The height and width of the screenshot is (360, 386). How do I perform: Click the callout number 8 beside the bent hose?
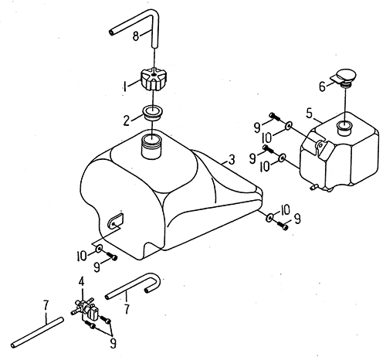pyautogui.click(x=136, y=36)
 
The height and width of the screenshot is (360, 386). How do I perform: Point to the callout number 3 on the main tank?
pyautogui.click(x=232, y=160)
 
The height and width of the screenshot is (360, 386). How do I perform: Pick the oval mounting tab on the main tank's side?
pyautogui.click(x=115, y=221)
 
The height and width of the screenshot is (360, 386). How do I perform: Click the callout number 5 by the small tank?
pyautogui.click(x=310, y=114)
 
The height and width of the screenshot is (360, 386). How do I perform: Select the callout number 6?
pyautogui.click(x=322, y=87)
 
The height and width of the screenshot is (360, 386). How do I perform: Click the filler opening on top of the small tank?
pyautogui.click(x=344, y=127)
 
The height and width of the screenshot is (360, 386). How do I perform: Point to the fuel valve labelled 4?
pyautogui.click(x=86, y=308)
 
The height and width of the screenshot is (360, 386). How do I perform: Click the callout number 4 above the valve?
pyautogui.click(x=81, y=282)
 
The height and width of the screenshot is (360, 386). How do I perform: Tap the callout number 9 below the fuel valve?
pyautogui.click(x=113, y=343)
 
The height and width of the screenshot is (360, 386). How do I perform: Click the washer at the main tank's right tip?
pyautogui.click(x=269, y=218)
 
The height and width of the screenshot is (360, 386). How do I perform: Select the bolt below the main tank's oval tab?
pyautogui.click(x=112, y=256)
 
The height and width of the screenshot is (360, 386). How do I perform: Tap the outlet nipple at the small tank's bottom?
pyautogui.click(x=314, y=187)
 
